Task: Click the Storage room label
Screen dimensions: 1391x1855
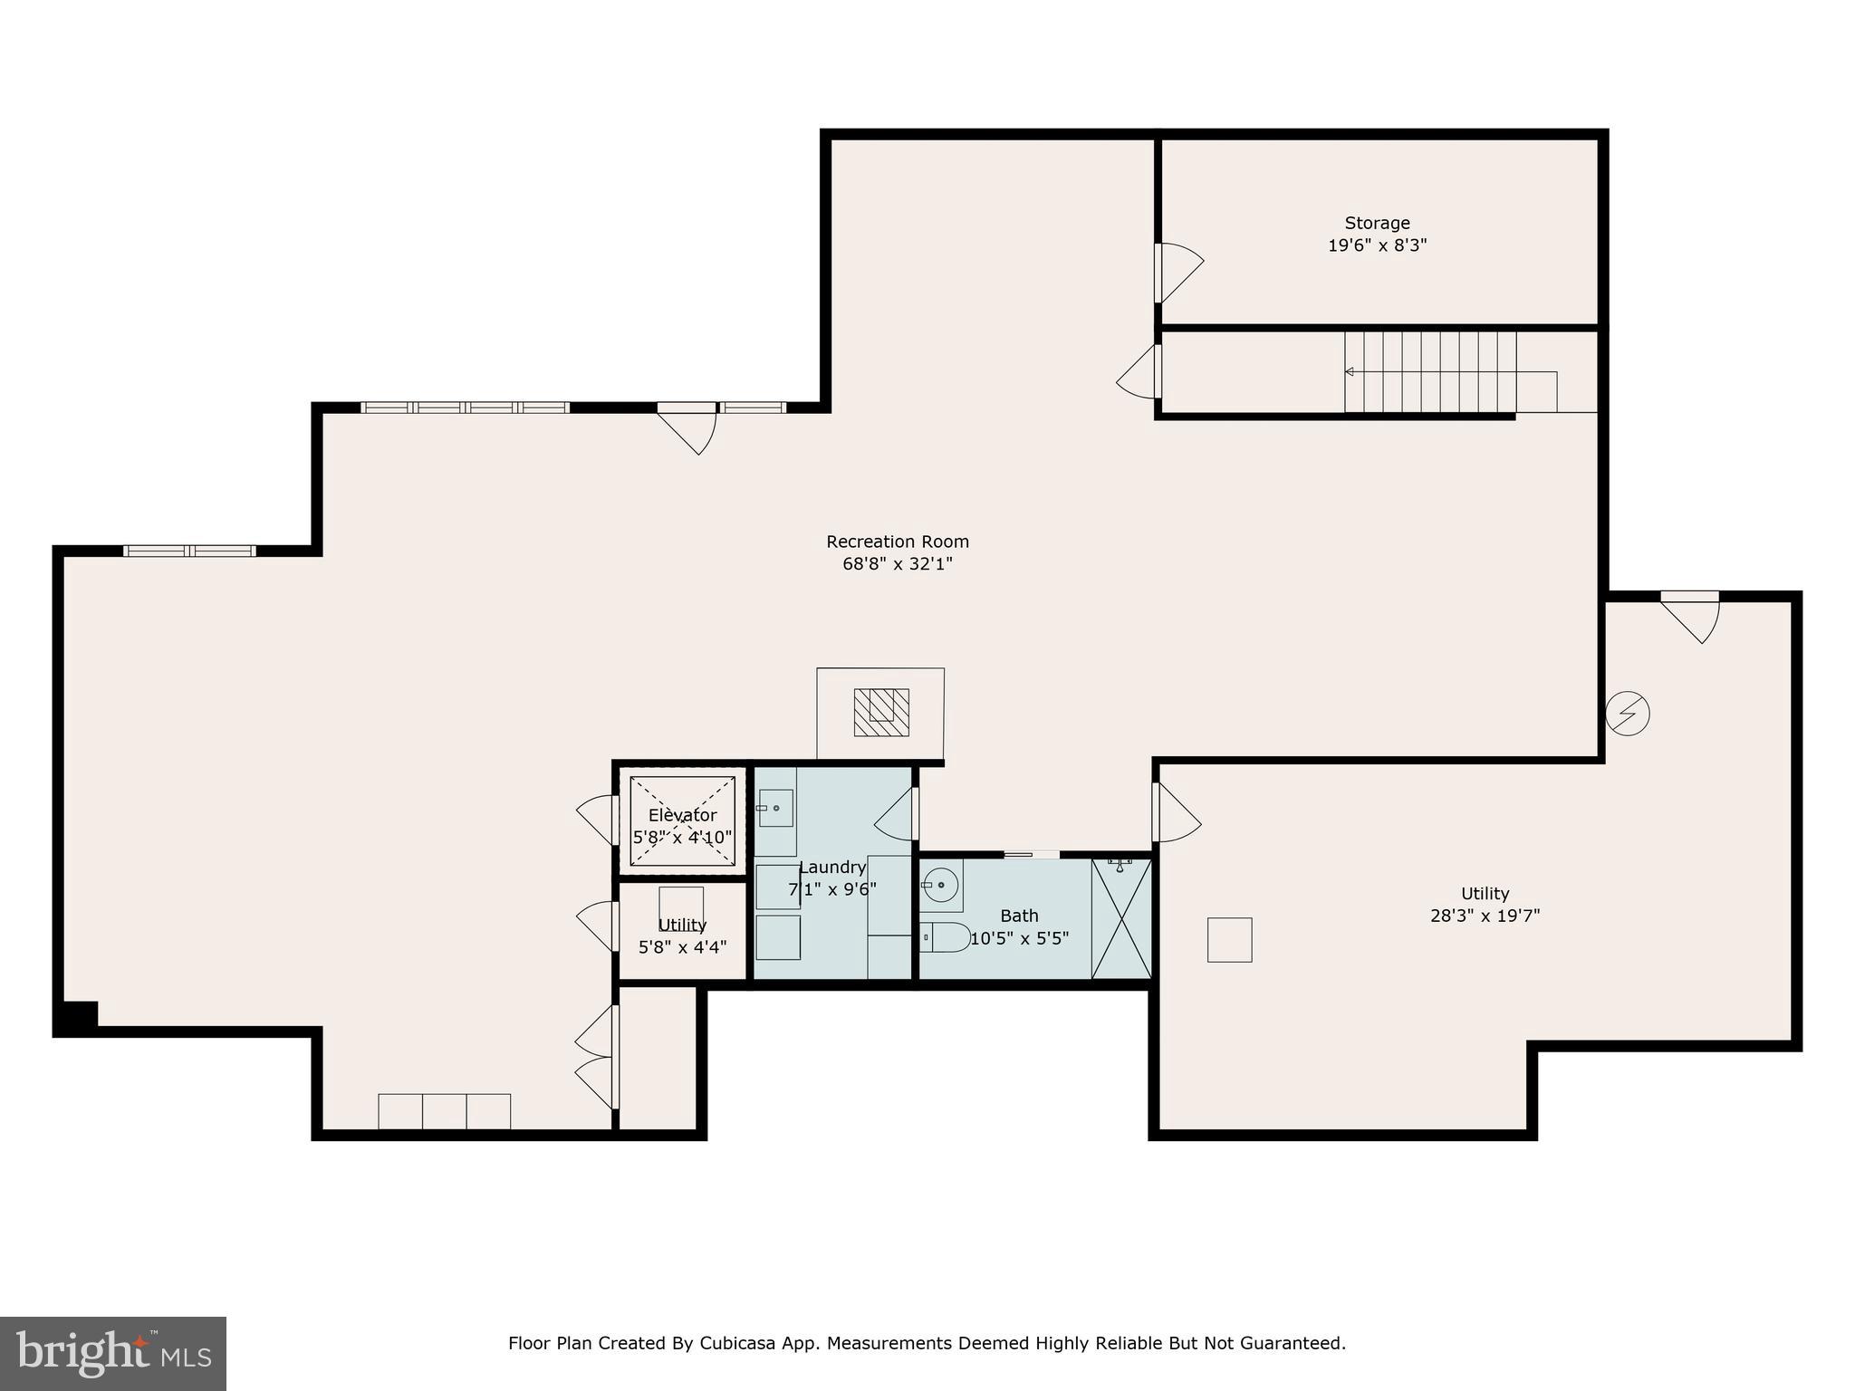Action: (1377, 223)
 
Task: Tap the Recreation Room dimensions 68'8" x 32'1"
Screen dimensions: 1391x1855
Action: (897, 564)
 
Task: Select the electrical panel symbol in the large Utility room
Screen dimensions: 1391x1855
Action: (1627, 714)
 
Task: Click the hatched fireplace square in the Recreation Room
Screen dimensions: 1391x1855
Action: (881, 712)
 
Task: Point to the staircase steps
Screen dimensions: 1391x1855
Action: (1429, 371)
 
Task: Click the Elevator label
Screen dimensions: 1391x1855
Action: (682, 815)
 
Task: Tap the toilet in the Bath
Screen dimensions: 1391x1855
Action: (946, 937)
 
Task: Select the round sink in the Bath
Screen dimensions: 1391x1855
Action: (942, 885)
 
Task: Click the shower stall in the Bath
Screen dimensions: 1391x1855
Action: (1121, 918)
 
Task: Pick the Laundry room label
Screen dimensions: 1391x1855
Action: (832, 868)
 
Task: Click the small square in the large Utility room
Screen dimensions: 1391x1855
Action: (1229, 940)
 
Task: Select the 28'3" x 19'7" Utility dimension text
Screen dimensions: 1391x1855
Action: (1485, 916)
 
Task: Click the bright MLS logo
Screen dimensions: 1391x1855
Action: (113, 1354)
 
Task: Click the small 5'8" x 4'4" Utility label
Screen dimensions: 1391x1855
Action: (682, 925)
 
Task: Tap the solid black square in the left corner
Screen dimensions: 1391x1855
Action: (76, 1017)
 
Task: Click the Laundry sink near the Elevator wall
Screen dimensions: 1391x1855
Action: (775, 808)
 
